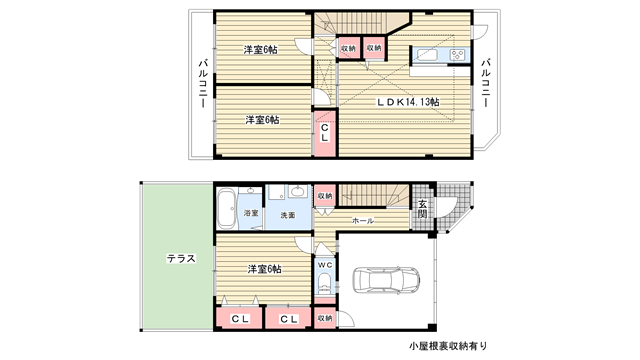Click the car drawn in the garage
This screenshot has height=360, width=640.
386,280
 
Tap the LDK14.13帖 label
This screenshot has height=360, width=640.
408,102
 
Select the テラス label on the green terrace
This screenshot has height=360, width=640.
181,258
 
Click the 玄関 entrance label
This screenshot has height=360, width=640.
422,208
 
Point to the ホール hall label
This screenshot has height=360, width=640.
363,221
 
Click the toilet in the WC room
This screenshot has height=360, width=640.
325,282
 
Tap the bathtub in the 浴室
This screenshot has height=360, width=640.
226,208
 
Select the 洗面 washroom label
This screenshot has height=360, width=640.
288,215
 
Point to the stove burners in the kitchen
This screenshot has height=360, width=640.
458,55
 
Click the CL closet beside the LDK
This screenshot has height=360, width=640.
324,133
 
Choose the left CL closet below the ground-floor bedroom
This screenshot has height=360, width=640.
239,318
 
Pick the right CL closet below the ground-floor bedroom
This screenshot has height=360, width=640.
289,318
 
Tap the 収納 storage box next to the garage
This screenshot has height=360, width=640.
325,318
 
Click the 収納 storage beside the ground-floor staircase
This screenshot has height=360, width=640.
325,196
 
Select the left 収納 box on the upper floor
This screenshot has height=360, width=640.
349,48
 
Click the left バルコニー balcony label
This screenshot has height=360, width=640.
203,84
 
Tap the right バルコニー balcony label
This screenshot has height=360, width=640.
485,83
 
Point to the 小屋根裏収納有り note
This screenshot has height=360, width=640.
448,346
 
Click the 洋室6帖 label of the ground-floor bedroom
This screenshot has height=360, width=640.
264,269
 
